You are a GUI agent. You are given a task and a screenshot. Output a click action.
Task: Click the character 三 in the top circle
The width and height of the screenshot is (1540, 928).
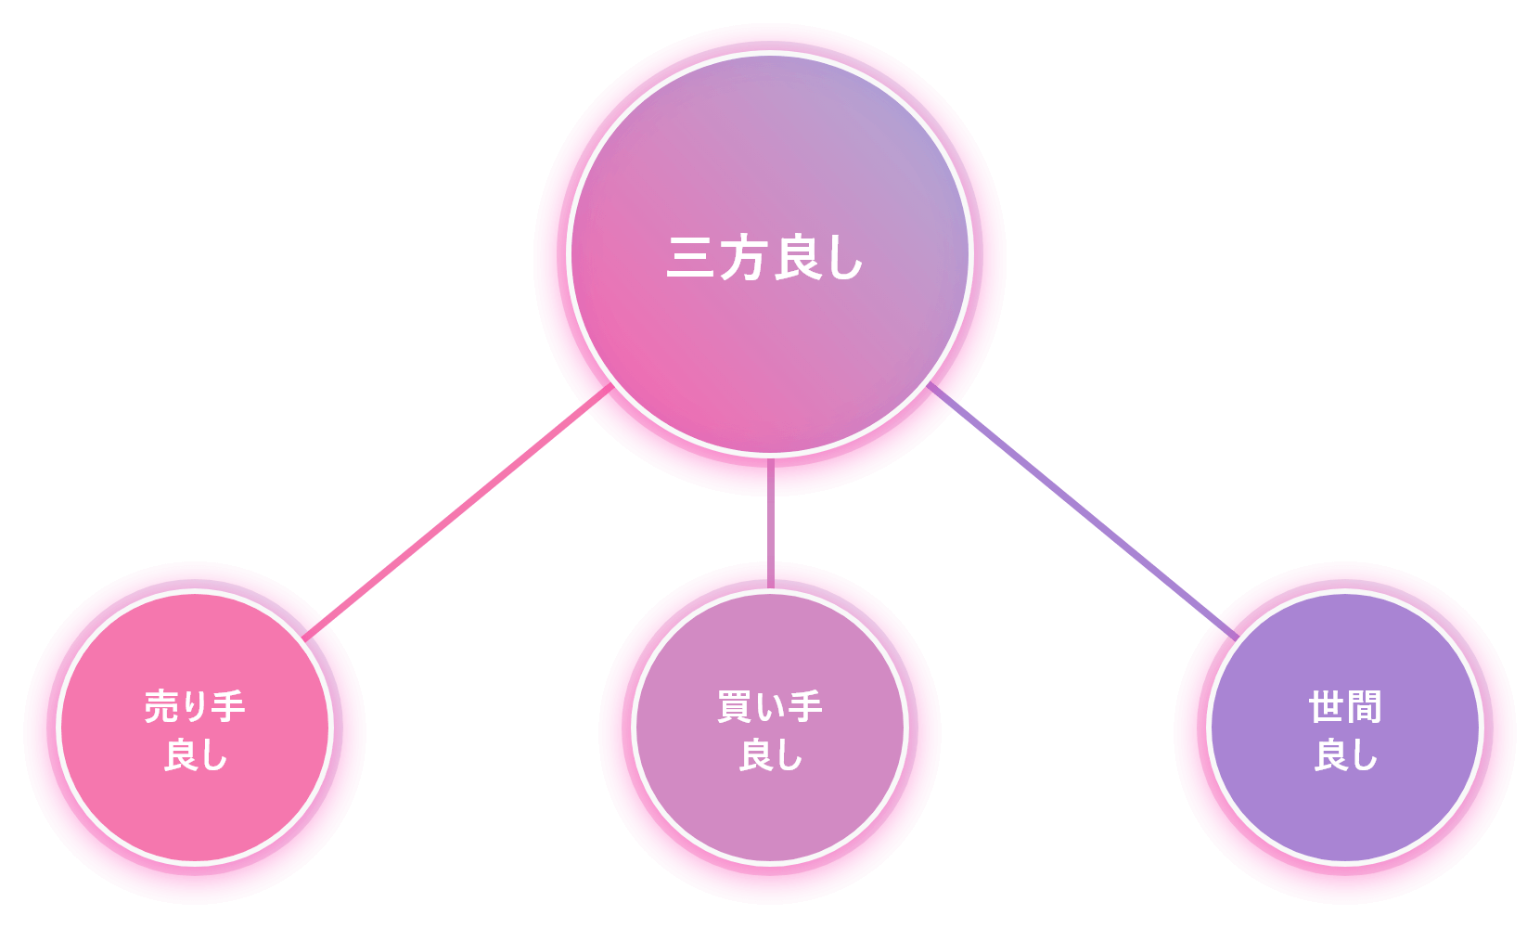690,258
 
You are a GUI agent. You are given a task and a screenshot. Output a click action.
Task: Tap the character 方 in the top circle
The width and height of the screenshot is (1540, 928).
743,258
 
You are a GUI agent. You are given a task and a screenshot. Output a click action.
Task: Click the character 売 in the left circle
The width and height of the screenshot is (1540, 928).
160,707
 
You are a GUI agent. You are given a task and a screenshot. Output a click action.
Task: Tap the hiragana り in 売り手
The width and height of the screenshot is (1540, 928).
195,707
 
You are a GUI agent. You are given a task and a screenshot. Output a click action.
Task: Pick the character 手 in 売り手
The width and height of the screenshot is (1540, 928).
228,707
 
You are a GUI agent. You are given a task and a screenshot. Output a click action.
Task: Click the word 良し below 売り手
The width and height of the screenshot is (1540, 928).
196,755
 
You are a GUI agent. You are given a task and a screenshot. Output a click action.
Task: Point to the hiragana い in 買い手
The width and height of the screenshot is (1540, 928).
769,708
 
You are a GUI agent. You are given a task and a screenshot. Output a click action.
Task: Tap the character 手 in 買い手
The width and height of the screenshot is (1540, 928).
804,707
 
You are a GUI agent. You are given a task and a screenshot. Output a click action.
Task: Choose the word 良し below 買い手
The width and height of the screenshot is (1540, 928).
771,755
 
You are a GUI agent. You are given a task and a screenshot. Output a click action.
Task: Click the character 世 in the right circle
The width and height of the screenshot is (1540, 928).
1327,707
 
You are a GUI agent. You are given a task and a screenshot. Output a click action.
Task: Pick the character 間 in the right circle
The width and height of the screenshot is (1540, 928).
1364,707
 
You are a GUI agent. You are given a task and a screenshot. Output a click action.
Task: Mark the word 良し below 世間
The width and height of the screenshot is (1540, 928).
1346,755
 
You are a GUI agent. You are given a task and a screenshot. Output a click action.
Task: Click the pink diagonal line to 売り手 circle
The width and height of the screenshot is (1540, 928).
459,510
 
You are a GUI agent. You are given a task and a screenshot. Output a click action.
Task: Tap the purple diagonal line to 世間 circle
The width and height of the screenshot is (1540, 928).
1081,510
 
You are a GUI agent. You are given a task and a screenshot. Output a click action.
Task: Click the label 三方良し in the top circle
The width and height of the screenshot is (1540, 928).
766,258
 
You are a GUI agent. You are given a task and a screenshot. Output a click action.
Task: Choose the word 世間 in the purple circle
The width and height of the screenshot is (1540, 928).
1345,707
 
